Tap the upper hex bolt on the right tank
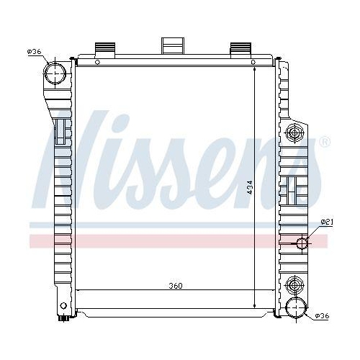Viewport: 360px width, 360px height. pos(293,132)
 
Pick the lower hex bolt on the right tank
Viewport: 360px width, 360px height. pos(293,281)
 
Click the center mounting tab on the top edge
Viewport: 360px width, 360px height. pos(173,45)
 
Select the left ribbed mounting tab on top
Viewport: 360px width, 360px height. pos(105,49)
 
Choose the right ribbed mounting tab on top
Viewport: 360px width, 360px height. pos(239,49)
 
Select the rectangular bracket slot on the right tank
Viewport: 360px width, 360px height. pos(293,189)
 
